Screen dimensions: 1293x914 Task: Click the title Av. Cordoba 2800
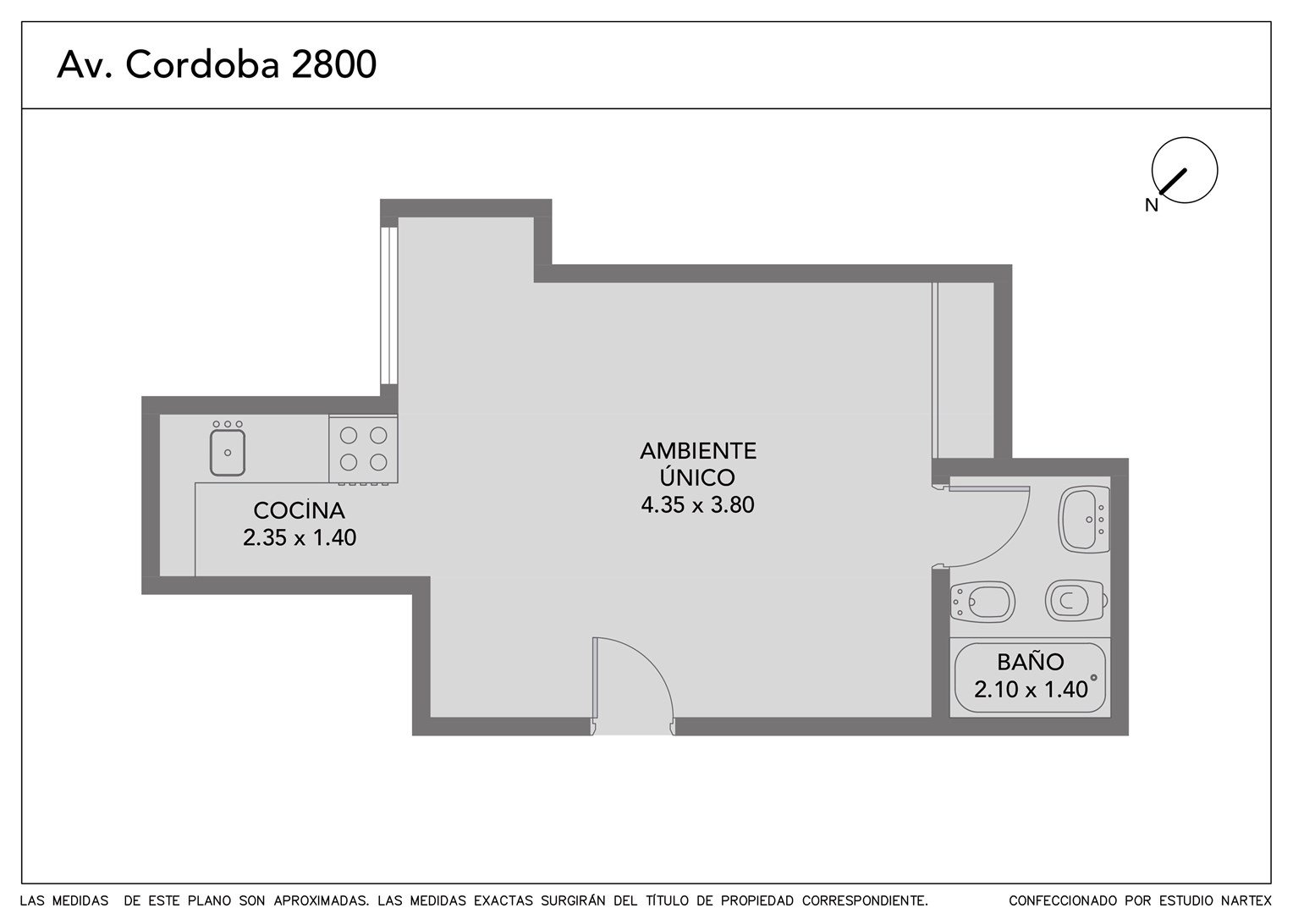coord(217,64)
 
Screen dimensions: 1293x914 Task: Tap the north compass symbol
coord(1185,170)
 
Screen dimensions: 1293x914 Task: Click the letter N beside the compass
coord(1152,205)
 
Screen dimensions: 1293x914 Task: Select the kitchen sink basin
coord(228,452)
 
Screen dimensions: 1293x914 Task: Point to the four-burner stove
coord(363,449)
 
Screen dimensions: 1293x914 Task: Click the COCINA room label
coord(299,510)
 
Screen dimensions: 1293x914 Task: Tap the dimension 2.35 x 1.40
coord(299,537)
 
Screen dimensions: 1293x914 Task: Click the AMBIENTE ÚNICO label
coord(698,464)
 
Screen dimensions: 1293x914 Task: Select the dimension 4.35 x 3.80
coord(697,504)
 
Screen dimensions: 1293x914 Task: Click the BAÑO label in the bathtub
coord(1031,663)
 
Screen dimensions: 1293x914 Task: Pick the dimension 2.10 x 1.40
coord(1031,690)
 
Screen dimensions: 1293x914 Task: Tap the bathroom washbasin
coord(1083,519)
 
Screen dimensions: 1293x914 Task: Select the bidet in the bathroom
coord(982,602)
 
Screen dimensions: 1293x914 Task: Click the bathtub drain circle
coord(1093,678)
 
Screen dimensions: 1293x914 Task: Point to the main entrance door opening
coord(633,726)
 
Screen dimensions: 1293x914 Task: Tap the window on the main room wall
coord(389,306)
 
